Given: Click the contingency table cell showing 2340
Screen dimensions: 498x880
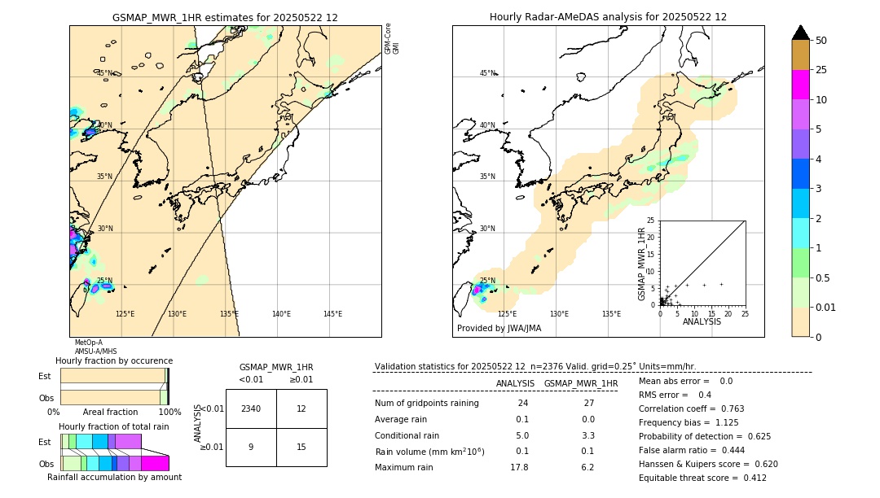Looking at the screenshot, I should tap(251, 408).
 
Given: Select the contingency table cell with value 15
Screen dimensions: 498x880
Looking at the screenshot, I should tap(301, 447).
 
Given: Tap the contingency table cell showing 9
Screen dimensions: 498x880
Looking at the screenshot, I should tap(251, 447).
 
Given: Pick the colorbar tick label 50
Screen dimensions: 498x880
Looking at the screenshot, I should tap(822, 40).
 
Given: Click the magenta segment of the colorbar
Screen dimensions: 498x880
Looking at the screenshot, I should tap(801, 85).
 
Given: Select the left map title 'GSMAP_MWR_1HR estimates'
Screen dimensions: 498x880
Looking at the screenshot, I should tap(225, 17).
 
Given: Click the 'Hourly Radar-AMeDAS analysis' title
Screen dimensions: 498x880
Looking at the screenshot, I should tap(608, 17).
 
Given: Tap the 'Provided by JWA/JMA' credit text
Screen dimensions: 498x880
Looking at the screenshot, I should tap(499, 329).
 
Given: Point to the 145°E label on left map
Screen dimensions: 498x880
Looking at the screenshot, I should tap(332, 314).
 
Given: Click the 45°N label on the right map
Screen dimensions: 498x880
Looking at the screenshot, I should tap(487, 73).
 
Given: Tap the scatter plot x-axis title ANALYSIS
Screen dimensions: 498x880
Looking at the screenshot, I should tap(702, 321).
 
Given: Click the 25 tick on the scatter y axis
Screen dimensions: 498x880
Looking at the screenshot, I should tap(651, 221).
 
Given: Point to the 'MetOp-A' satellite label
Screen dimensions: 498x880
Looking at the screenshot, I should tap(89, 343).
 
